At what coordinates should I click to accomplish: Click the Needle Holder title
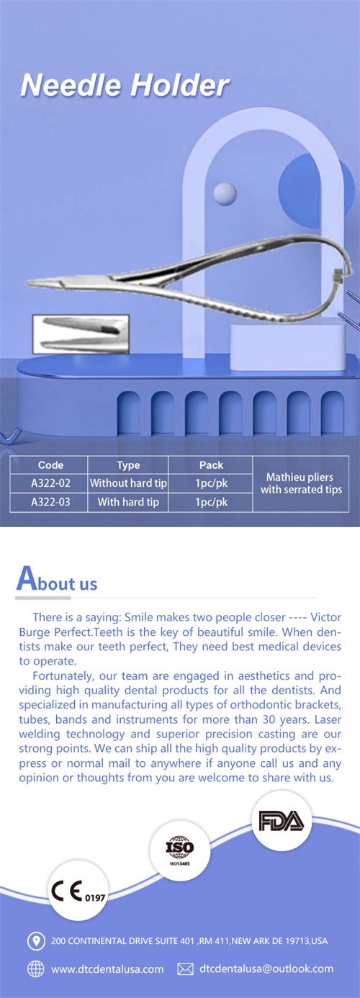pos(125,85)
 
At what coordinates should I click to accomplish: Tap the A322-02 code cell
pos(50,483)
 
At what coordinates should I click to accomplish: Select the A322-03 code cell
pos(50,502)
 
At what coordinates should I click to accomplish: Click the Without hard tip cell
pos(128,483)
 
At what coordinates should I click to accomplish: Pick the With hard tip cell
pos(128,502)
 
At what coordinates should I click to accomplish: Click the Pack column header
pos(211,465)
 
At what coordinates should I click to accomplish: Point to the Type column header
pos(128,465)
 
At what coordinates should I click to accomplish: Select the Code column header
pos(50,465)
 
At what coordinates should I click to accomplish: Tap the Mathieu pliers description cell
pos(301,484)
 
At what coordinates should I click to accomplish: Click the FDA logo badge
pos(282,821)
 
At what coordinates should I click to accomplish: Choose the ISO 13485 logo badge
pos(179,850)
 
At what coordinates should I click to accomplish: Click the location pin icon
pos(36,941)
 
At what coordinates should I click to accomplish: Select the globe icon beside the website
pos(36,969)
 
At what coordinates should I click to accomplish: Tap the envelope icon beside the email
pos(185,969)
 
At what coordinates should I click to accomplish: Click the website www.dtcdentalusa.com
pos(107,969)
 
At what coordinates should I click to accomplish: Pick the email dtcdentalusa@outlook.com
pos(266,969)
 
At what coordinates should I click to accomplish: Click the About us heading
pos(57,580)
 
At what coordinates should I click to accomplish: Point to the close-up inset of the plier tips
pos(81,334)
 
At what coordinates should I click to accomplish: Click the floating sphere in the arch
pos(225,194)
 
